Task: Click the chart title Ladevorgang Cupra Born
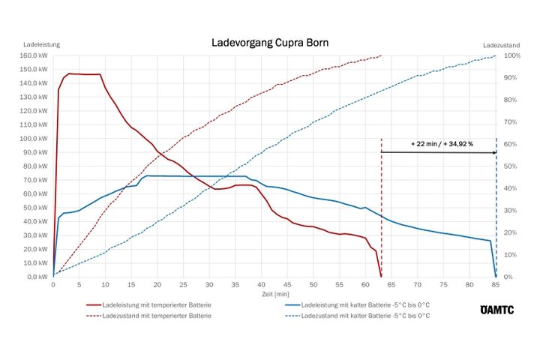(270, 43)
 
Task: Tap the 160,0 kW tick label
(35, 55)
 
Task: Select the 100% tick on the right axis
(513, 55)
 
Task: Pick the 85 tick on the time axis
(496, 285)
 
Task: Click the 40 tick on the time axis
(261, 285)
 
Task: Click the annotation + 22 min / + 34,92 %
(442, 142)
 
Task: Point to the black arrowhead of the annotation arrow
(493, 152)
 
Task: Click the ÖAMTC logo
(497, 310)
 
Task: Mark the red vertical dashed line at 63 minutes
(382, 210)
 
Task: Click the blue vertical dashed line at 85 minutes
(496, 210)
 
